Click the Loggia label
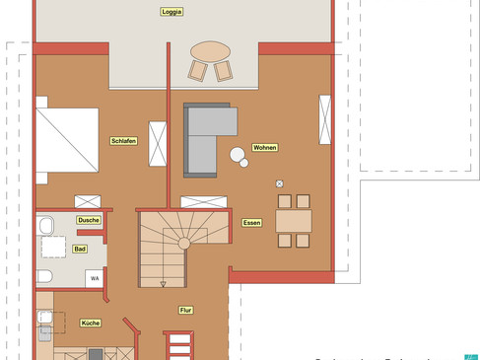pos(172,12)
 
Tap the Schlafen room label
pos(123,141)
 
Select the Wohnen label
pos(264,148)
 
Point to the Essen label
pos(251,224)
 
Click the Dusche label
pos(89,221)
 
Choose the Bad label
pos(79,249)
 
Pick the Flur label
pos(185,310)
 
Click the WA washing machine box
pos(95,278)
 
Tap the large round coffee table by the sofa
pos(238,154)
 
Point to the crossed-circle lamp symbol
pos(280,183)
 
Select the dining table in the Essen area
pos(294,221)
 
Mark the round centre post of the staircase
pos(183,243)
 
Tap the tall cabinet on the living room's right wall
pos(324,121)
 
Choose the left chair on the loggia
pos(198,71)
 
